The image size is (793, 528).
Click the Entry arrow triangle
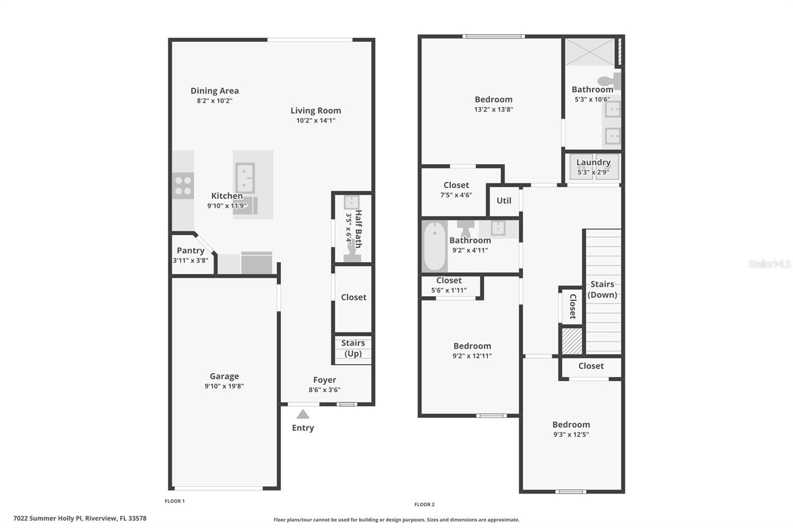303,415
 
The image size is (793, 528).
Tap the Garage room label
224,376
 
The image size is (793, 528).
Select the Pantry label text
190,251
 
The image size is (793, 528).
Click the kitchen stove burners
183,186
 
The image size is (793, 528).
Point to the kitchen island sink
245,178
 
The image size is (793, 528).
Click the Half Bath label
358,228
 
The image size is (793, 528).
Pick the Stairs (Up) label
353,348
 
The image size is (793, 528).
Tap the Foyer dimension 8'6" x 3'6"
325,390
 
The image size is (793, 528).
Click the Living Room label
316,110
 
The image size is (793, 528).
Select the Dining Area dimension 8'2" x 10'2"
215,101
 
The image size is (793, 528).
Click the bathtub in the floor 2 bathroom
435,246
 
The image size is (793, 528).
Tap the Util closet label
504,201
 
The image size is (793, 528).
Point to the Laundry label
593,162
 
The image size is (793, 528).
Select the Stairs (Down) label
602,289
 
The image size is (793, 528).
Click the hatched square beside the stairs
571,341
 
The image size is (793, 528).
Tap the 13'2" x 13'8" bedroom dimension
494,109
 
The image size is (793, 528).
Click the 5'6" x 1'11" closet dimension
449,290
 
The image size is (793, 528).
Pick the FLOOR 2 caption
424,504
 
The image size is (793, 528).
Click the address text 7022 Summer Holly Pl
80,519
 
